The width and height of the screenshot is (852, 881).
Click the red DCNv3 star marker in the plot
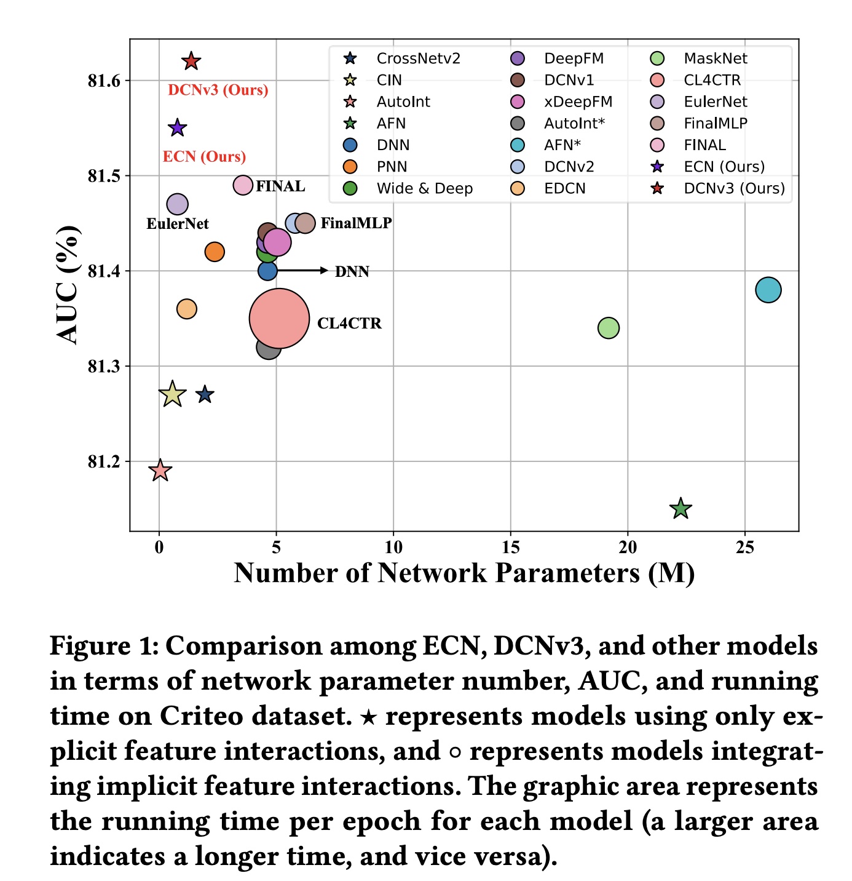click(x=191, y=61)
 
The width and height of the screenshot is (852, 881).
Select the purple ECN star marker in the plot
click(x=177, y=128)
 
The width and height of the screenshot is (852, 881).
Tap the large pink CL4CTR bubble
click(x=279, y=319)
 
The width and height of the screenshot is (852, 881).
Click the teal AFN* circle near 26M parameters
click(x=768, y=290)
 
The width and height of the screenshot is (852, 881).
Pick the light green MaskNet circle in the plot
click(x=609, y=328)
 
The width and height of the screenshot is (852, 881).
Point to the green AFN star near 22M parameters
click(x=680, y=509)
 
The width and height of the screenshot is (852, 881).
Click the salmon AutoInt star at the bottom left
click(x=160, y=471)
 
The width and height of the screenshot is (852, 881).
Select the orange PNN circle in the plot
click(x=215, y=252)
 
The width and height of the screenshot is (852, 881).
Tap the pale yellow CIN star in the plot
click(x=172, y=394)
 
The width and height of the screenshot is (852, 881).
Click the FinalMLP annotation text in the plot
click(x=356, y=223)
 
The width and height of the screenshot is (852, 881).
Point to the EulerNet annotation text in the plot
click(x=178, y=224)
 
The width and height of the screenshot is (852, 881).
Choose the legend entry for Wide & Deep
click(x=424, y=188)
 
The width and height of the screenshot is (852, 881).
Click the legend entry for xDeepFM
click(x=578, y=102)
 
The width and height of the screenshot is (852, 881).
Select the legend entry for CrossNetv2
click(x=418, y=58)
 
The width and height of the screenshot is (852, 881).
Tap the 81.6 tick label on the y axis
click(x=105, y=81)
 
